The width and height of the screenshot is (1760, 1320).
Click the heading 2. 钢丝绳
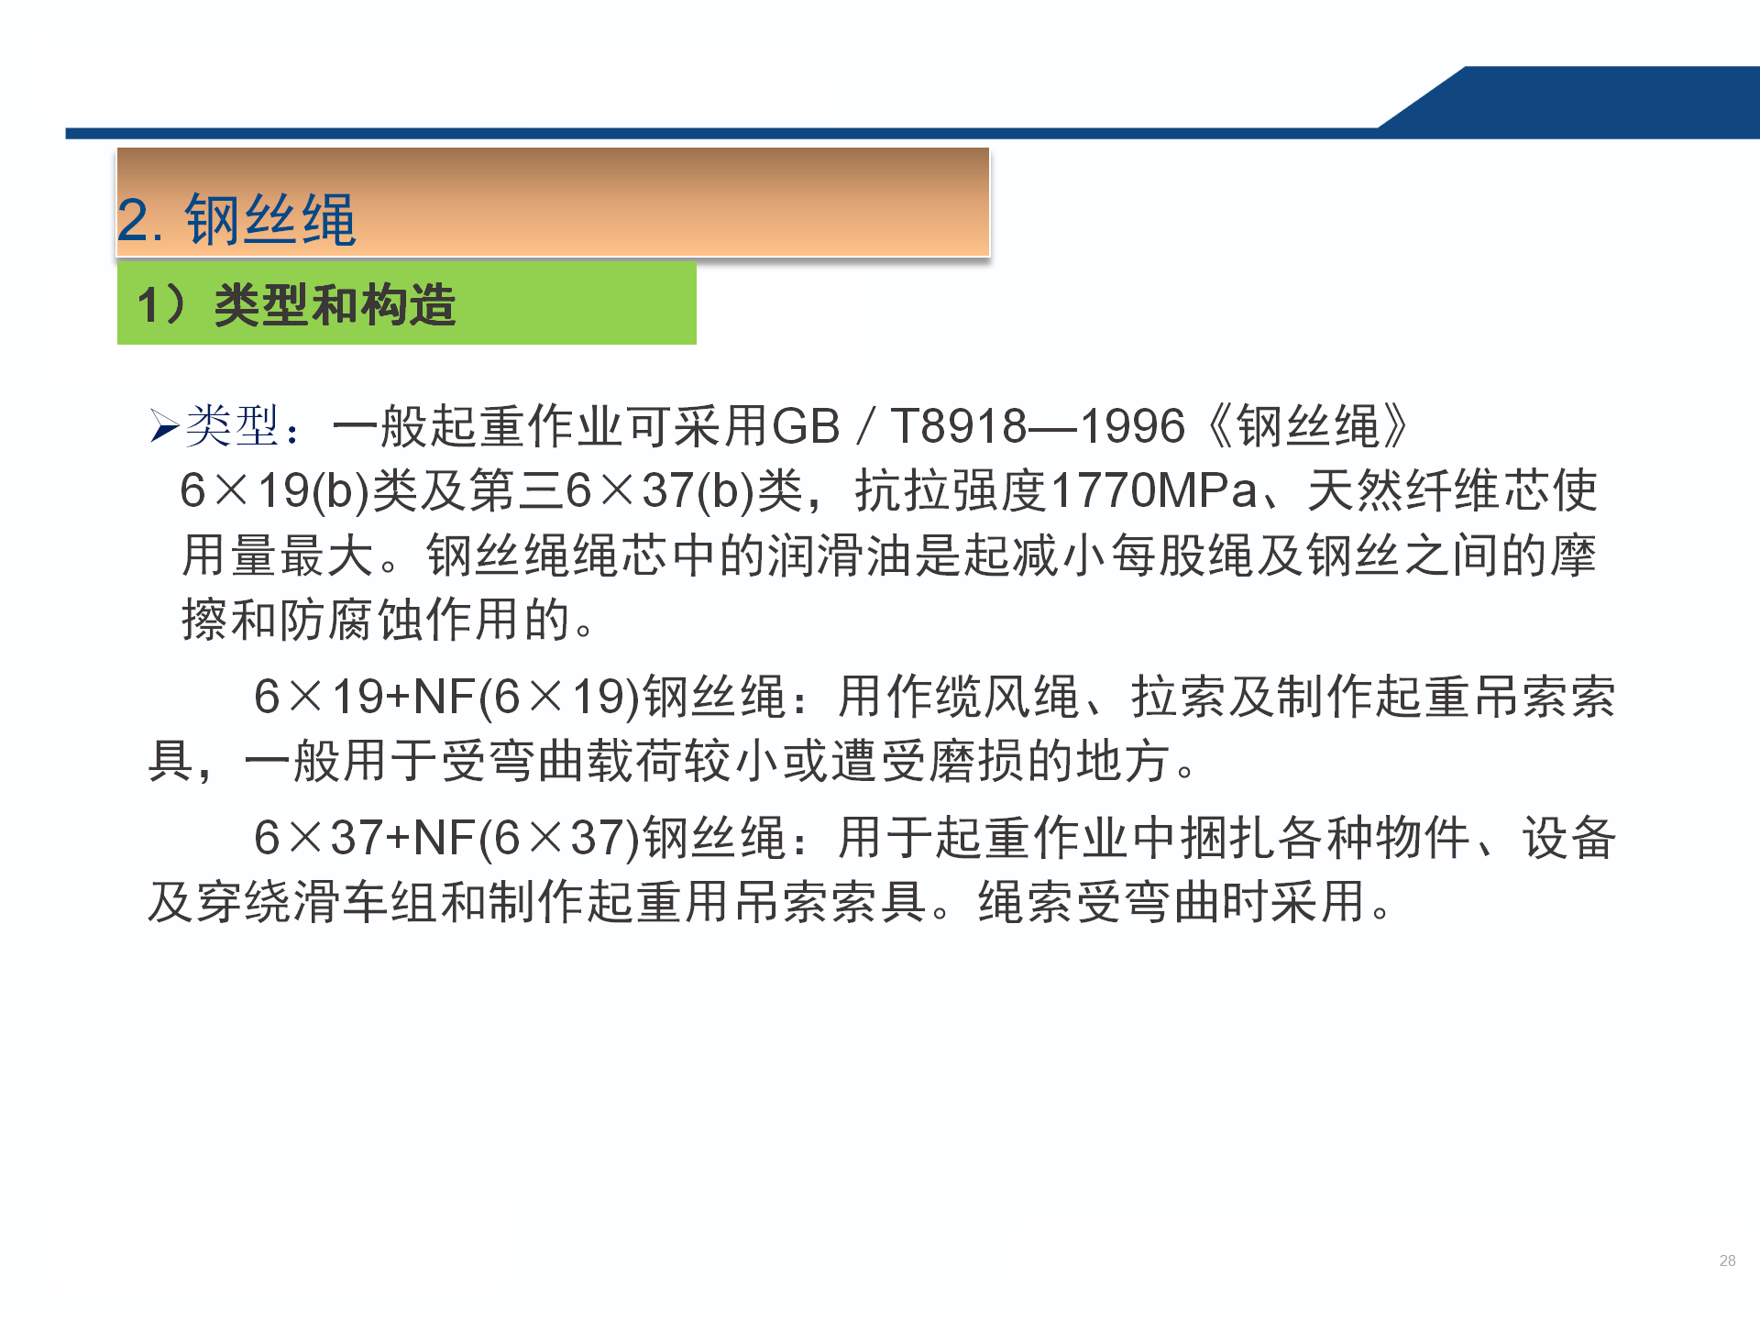point(236,220)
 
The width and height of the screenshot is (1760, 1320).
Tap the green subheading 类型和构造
point(335,304)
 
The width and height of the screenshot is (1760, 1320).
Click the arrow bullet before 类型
point(165,426)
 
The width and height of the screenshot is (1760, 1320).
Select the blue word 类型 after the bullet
point(232,426)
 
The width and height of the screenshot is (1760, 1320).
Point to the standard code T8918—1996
point(1038,426)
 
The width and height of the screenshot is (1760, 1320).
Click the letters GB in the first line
point(807,426)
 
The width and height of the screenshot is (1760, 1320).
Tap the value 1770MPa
point(1154,490)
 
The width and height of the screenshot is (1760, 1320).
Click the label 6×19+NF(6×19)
point(446,697)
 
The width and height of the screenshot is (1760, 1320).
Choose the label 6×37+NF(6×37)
point(446,838)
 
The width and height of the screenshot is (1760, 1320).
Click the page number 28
point(1727,1260)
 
